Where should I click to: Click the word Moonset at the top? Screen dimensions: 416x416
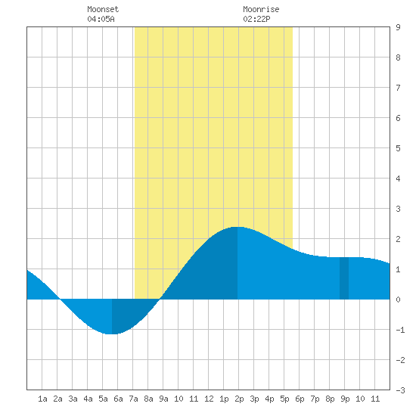[103, 9]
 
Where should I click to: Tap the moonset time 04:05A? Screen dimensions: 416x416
[101, 19]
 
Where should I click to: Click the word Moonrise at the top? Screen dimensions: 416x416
[261, 9]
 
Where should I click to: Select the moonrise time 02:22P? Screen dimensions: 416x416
[256, 19]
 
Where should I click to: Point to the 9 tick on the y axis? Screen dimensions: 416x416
[398, 27]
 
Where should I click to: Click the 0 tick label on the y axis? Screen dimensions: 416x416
[398, 300]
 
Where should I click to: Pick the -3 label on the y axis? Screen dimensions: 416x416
[400, 390]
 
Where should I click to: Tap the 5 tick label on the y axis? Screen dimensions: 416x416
[398, 148]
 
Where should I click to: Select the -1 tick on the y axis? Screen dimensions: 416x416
[400, 330]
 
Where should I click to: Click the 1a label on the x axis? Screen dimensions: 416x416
[42, 399]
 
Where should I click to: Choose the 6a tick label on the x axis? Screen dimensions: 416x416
[118, 399]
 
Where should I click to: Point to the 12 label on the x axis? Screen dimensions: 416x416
[209, 399]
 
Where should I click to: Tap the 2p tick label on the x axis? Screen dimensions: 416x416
[239, 399]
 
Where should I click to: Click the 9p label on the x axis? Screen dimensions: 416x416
[345, 399]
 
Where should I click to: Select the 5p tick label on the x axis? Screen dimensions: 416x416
[284, 399]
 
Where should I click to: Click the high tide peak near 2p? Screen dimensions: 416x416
[237, 227]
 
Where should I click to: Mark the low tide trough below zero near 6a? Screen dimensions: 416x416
[112, 334]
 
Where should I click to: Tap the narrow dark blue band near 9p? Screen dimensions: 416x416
[344, 278]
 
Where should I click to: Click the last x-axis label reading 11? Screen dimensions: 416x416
[375, 399]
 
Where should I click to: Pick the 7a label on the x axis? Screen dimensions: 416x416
[133, 399]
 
